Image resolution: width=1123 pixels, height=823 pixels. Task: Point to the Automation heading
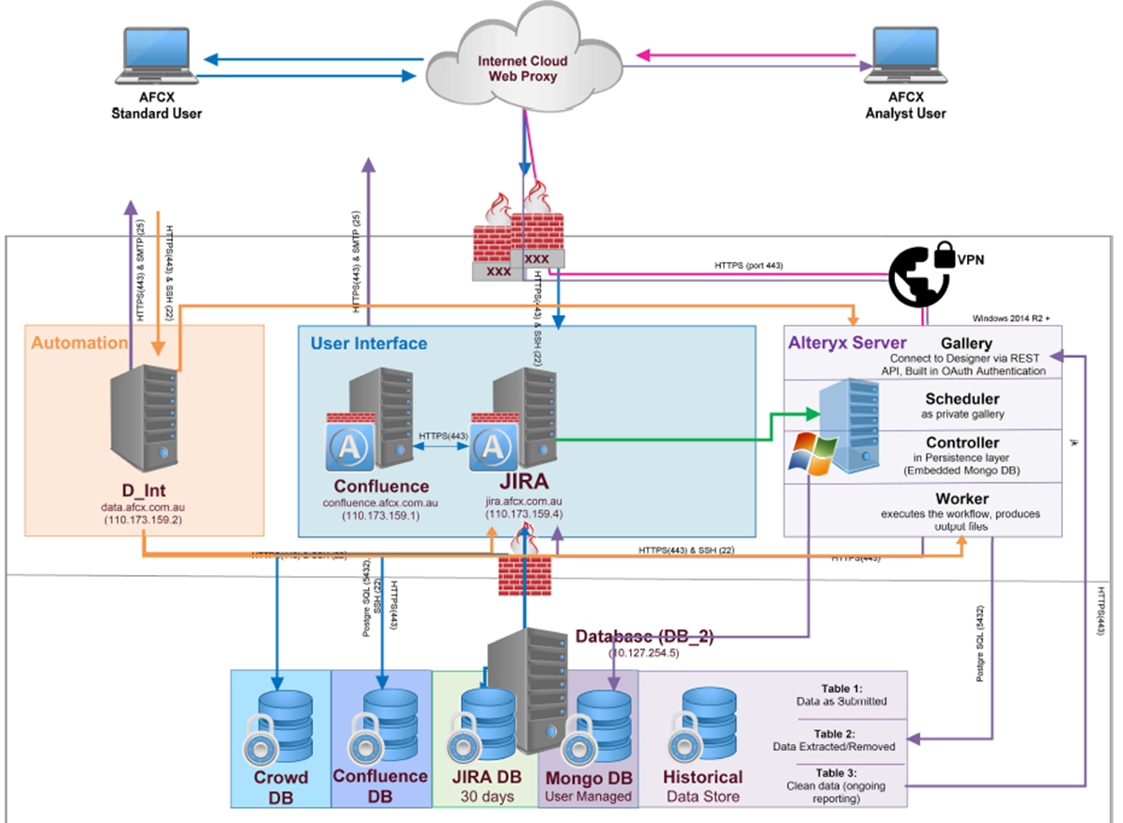click(x=79, y=343)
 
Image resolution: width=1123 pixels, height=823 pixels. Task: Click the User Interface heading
click(x=368, y=343)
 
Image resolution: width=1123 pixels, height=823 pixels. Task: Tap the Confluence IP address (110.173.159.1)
click(x=380, y=517)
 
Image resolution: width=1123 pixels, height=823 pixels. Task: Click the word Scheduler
click(x=961, y=397)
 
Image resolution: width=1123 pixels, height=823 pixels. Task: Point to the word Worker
click(x=961, y=498)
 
